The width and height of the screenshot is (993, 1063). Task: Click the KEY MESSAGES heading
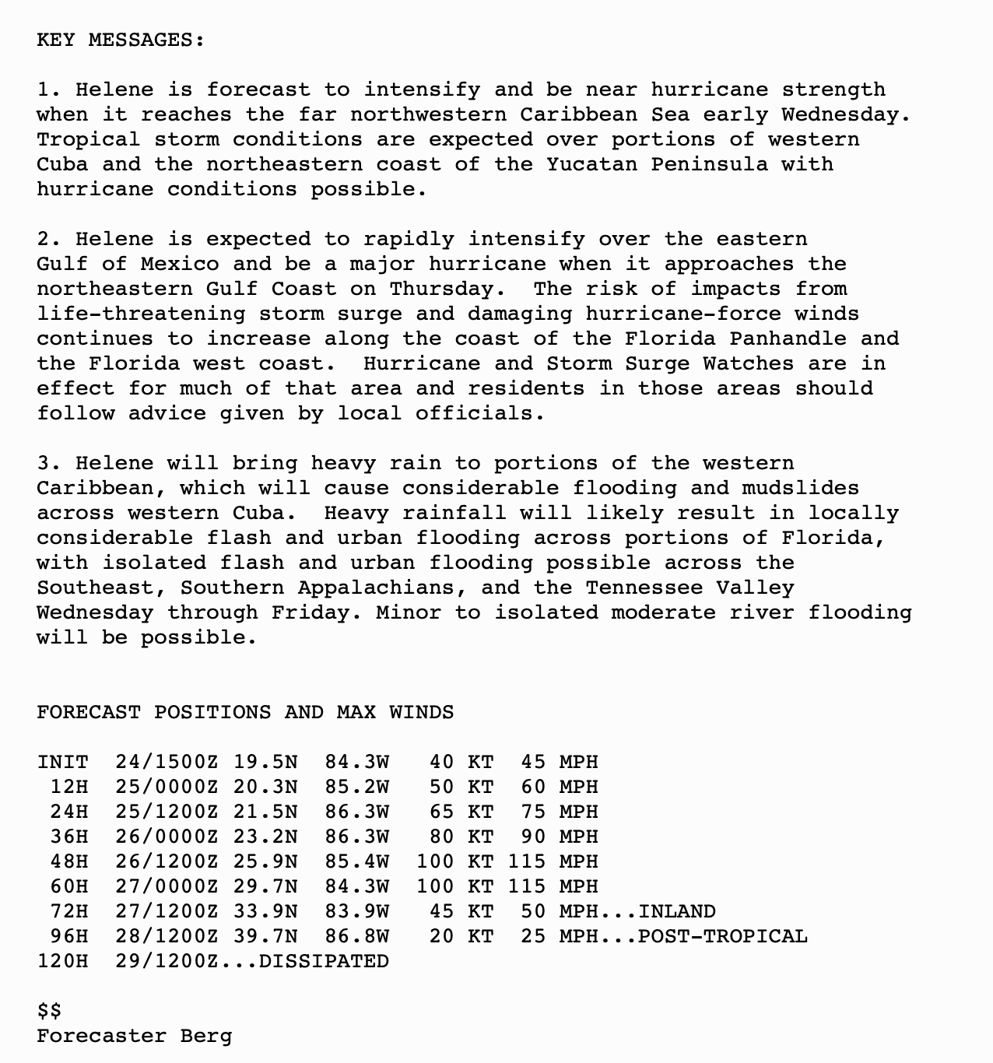coord(121,40)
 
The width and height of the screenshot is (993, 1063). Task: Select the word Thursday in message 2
coord(442,289)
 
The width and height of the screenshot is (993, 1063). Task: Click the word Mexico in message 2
coord(180,265)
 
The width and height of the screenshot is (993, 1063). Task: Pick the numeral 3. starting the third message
coord(49,464)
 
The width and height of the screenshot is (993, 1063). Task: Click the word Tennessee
coord(651,588)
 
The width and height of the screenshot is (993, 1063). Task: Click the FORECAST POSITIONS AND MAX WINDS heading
coord(245,713)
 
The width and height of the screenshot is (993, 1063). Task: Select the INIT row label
coord(62,763)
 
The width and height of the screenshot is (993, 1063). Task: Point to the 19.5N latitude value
coord(265,763)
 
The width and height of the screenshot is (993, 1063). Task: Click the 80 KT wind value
coord(461,837)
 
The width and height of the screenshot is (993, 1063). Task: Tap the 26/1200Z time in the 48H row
coord(167,862)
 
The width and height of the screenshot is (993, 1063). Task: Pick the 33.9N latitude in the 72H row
coord(265,912)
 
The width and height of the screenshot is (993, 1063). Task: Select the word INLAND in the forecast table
coord(677,912)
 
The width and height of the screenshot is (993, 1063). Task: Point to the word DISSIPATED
coord(324,962)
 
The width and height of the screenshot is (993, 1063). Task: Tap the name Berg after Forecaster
coord(206,1037)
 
